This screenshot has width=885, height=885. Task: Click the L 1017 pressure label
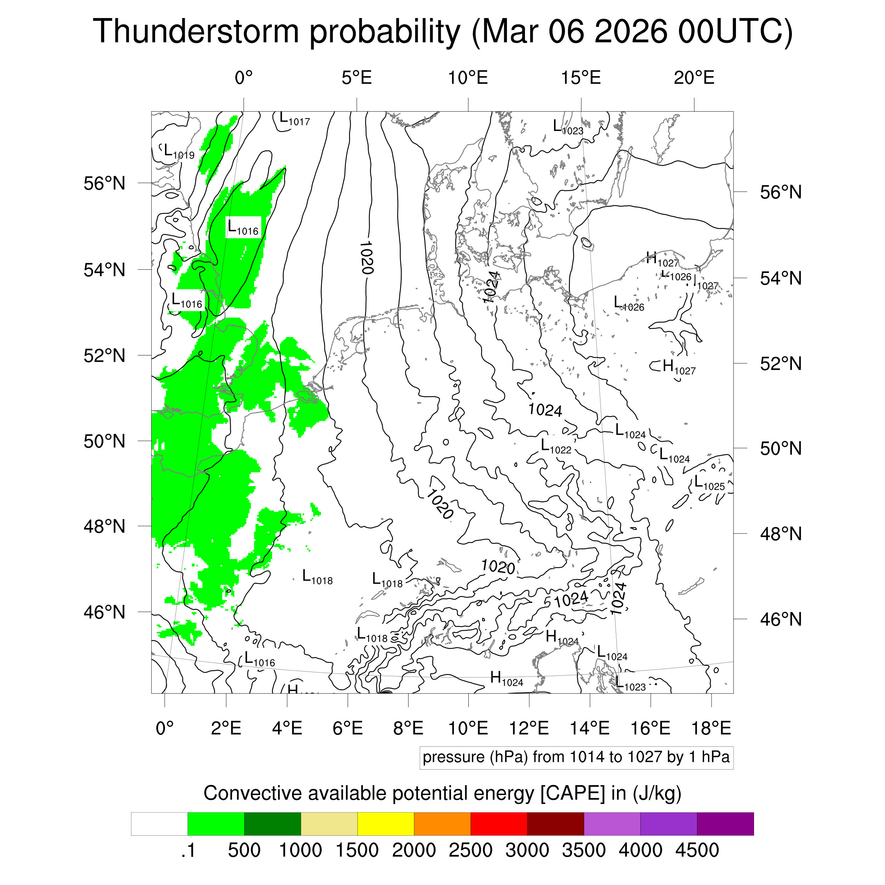pos(295,120)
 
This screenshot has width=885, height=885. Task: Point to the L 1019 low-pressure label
pos(179,152)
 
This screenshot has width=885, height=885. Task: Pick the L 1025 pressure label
pos(709,483)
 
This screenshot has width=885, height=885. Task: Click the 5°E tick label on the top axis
pos(356,78)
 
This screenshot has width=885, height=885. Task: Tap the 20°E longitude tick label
pos(693,78)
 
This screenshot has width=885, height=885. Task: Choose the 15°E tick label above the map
pos(581,78)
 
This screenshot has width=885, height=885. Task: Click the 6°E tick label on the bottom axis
pos(348,728)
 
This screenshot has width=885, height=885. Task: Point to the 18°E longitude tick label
pos(711,728)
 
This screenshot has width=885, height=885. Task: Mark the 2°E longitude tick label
pos(226,728)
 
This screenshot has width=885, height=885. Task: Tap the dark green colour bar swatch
pos(272,824)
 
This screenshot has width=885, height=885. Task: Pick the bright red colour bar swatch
pos(498,824)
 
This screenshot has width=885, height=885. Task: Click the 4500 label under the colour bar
pos(697,850)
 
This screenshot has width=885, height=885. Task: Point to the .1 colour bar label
pos(188,850)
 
